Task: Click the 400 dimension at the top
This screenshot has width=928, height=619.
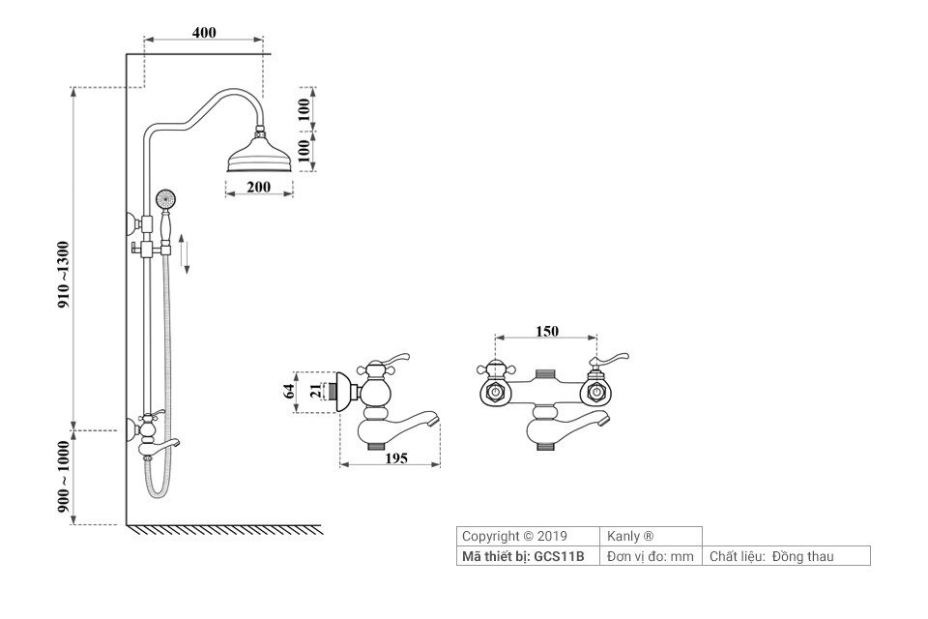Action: [204, 32]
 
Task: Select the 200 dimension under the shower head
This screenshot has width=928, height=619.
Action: [258, 187]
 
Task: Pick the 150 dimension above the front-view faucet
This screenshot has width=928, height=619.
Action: [547, 331]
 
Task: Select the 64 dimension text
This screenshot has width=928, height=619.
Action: [287, 392]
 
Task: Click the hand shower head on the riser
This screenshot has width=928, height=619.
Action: [164, 199]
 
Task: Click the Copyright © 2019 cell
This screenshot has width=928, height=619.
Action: [514, 536]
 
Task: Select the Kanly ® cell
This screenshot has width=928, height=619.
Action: [630, 536]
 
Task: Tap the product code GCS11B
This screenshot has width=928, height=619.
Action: [559, 556]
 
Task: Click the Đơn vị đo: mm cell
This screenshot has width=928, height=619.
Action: [651, 556]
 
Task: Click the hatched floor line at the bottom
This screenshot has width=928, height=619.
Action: [224, 529]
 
